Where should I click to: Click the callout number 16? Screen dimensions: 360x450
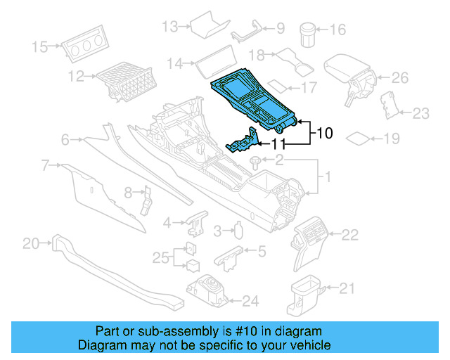[x=338, y=30]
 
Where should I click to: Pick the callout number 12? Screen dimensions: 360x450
[x=76, y=75]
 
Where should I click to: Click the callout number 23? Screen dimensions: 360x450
[x=420, y=112]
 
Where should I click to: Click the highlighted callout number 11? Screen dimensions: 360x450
[x=279, y=144]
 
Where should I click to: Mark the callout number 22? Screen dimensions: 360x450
[x=349, y=234]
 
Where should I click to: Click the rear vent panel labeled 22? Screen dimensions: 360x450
[x=311, y=236]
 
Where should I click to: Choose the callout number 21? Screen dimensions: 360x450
[x=347, y=287]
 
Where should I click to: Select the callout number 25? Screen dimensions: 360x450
[x=161, y=257]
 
